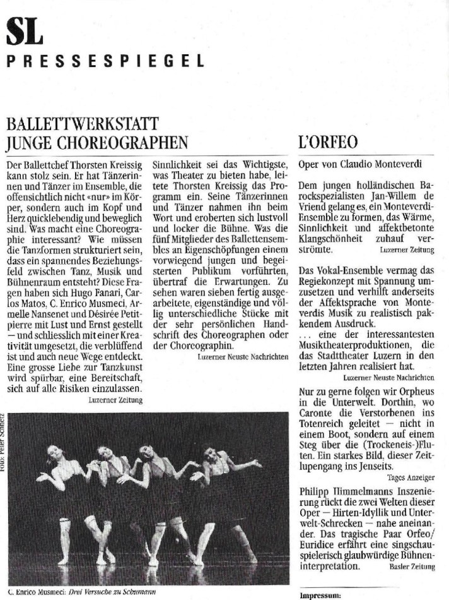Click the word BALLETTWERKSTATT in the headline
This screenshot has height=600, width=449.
click(x=83, y=123)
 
